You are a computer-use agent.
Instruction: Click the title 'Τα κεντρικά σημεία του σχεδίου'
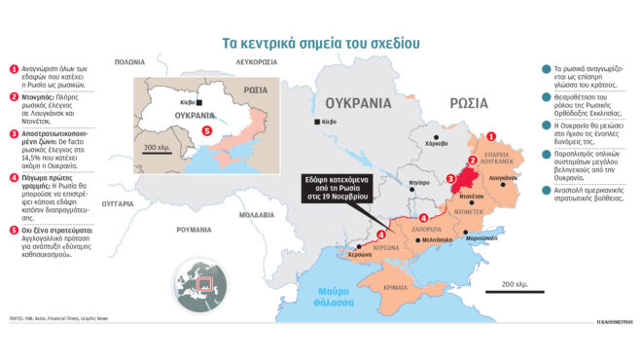pyautogui.click(x=320, y=43)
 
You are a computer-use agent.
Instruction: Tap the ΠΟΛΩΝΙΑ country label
pyautogui.click(x=128, y=61)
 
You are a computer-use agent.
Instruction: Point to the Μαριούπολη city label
pyautogui.click(x=483, y=238)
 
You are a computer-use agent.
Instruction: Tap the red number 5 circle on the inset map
pyautogui.click(x=205, y=130)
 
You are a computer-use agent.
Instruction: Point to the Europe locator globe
pyautogui.click(x=198, y=285)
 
